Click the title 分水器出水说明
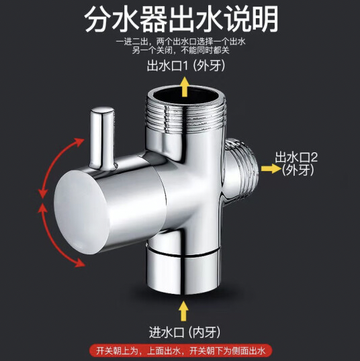[x=181, y=19]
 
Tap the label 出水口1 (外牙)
[x=186, y=66]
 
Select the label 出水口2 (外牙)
[x=296, y=164]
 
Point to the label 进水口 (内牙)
[x=185, y=332]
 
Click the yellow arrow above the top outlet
[x=185, y=87]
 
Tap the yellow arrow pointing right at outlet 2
[x=271, y=168]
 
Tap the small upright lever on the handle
[x=102, y=138]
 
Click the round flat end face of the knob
[x=81, y=211]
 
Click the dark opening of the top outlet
[x=186, y=95]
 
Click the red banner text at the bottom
[x=181, y=351]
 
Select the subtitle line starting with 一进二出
[x=181, y=42]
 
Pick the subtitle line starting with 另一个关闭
[x=181, y=50]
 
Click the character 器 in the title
[x=154, y=19]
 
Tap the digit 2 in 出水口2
[x=314, y=158]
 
